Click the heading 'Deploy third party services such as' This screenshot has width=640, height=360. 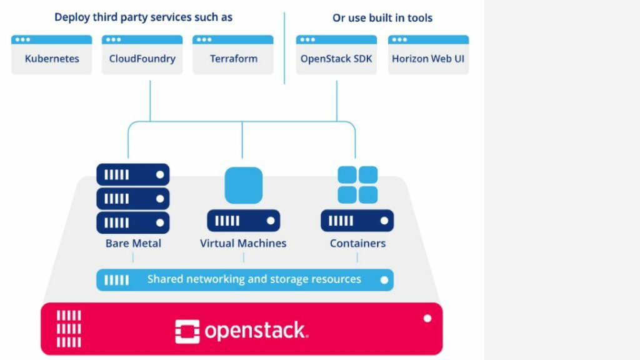(143, 17)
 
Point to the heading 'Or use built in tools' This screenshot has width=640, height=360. (382, 17)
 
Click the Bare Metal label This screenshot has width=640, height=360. (133, 243)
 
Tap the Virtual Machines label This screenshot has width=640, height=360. (243, 243)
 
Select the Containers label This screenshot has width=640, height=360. (357, 243)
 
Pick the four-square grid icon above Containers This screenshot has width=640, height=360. (357, 184)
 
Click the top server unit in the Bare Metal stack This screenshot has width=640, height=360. (133, 174)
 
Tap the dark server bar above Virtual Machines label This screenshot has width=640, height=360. (243, 221)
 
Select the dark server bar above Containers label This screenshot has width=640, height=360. (357, 221)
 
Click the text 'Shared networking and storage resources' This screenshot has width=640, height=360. (254, 279)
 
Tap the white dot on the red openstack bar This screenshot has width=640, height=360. (427, 318)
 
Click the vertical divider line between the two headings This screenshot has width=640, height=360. (284, 47)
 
